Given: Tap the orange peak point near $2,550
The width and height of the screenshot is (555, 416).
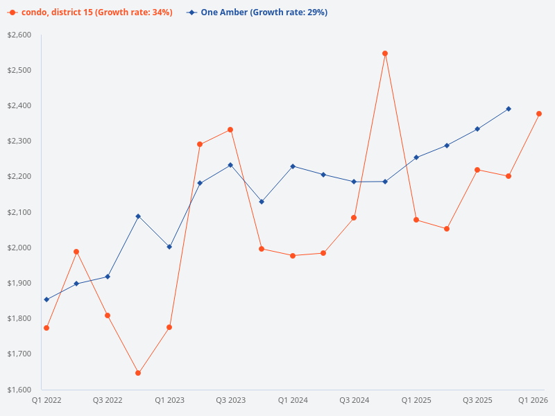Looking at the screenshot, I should coord(385,53).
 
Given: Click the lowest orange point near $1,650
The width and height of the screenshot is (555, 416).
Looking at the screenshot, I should coord(138,373).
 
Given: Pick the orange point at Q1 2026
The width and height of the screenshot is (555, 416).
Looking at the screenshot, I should coord(539,114).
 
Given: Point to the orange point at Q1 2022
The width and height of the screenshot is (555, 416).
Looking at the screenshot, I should coord(46,328).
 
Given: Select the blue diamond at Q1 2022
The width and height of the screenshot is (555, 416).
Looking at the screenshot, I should coord(46,300).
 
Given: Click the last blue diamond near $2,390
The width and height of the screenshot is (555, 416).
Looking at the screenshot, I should coord(509,109).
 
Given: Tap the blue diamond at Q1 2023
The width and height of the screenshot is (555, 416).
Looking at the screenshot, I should coord(169,247).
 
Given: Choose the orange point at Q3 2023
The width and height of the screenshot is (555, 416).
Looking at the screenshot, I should coord(230,130).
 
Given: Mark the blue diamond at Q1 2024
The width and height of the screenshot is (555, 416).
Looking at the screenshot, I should coord(293,166).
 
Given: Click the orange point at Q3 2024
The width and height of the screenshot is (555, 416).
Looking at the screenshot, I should coord(354,218).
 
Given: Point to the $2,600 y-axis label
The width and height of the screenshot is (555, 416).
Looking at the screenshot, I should coord(20,35).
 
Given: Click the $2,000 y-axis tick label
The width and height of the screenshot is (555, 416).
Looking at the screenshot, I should coord(20,248).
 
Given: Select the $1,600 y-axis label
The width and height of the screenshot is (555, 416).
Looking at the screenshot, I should coord(20,389).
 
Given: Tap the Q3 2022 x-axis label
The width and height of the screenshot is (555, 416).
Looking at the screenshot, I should coord(108,401).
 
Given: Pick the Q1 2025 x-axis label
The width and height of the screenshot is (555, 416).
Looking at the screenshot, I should coord(416,401).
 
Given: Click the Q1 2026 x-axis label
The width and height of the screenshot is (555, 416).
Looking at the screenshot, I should coord(533,401).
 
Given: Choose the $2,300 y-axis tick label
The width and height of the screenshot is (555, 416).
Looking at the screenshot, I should coord(20,141).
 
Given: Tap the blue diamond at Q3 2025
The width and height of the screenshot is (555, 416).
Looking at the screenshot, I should coord(477,129).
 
